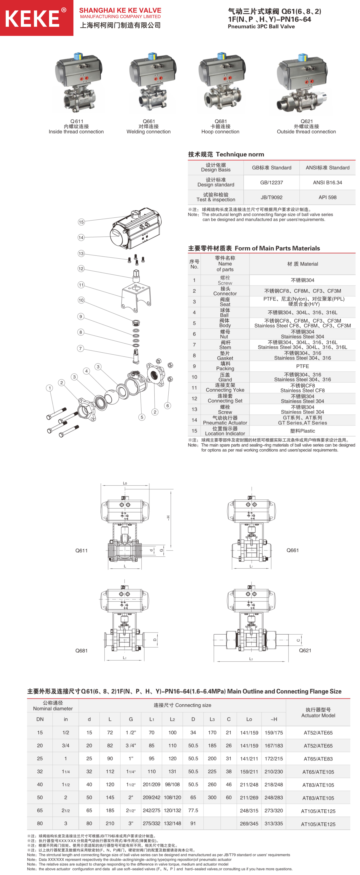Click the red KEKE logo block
tap(37, 18)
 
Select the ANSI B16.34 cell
tap(327, 182)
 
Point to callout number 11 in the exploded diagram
tap(81, 285)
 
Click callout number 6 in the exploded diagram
tap(167, 406)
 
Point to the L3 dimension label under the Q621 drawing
tap(251, 659)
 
